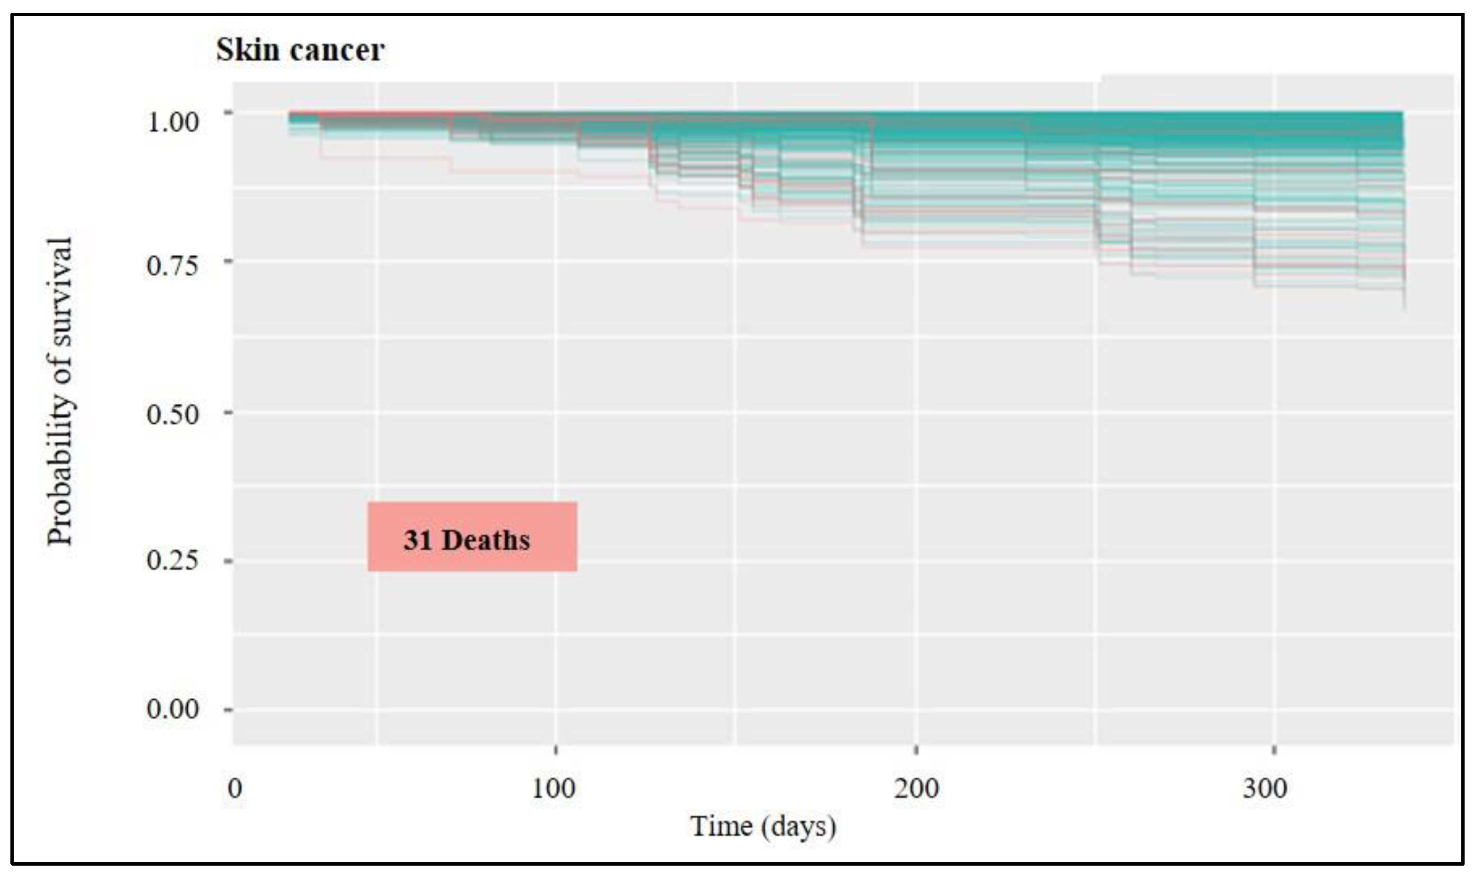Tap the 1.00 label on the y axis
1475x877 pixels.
(172, 122)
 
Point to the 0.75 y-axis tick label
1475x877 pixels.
(172, 265)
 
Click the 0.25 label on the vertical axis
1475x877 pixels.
(172, 560)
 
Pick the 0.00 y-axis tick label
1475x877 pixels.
(172, 708)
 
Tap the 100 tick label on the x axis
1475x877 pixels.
(553, 789)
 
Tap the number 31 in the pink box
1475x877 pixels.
(418, 540)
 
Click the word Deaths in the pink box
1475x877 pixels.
(486, 540)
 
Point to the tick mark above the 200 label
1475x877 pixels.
(916, 751)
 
